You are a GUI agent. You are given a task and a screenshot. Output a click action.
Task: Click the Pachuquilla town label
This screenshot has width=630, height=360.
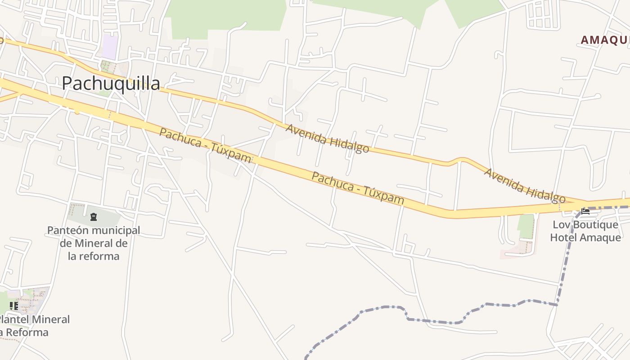(111, 83)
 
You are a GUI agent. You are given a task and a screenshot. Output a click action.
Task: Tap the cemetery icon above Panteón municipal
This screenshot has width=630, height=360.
(94, 217)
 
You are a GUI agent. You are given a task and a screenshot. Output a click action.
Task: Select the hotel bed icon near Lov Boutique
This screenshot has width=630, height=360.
(585, 211)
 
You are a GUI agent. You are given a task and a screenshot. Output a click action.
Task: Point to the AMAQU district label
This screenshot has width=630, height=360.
(605, 40)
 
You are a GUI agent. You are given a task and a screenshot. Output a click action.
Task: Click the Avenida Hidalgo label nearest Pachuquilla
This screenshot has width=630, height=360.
(328, 139)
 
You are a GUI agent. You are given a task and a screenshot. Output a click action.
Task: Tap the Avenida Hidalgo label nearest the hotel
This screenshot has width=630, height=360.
(524, 185)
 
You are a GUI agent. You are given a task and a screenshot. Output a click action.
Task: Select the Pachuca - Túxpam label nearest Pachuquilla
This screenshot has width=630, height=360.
(205, 145)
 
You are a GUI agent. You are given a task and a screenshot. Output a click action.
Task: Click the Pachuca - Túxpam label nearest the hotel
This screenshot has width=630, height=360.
(358, 188)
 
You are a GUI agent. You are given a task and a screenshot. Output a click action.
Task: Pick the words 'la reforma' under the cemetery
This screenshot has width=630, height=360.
(94, 256)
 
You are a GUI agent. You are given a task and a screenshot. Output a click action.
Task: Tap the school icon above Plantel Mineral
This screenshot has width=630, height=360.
(14, 306)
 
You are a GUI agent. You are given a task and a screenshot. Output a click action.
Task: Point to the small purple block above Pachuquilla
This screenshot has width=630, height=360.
(110, 47)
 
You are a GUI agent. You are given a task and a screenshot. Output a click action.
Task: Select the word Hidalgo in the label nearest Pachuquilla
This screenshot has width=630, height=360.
(349, 144)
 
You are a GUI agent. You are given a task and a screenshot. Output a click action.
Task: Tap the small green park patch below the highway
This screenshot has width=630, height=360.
(525, 226)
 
